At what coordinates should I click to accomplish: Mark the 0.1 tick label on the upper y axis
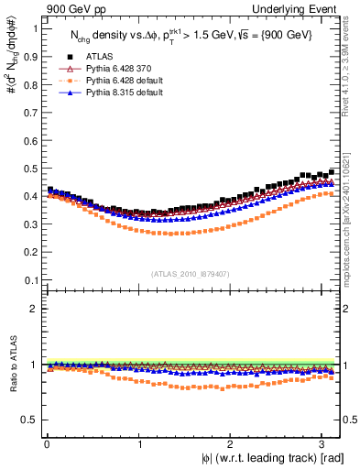(27, 279)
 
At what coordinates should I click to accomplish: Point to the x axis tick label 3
(322, 443)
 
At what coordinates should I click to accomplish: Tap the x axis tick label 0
(46, 443)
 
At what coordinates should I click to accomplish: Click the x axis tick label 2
(230, 443)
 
